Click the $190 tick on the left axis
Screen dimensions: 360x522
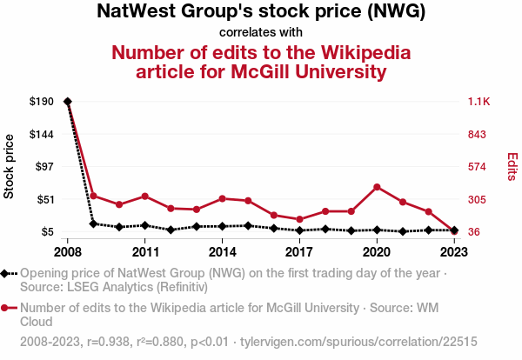coord(42,102)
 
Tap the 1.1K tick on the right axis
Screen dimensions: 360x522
coord(480,102)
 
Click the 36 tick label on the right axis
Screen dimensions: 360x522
coord(476,232)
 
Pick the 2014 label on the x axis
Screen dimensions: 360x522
coord(222,252)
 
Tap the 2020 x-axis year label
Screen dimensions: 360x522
coord(376,252)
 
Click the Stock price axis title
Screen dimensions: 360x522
coord(10,167)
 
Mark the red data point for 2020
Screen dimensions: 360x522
coord(376,187)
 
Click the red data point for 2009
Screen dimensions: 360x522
coord(93,196)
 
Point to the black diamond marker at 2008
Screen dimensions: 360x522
coord(68,102)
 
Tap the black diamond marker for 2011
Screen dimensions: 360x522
coord(144,225)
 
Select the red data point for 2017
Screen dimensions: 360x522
coord(299,219)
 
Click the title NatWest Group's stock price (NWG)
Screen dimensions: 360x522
coord(261,12)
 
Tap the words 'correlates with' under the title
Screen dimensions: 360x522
coord(261,32)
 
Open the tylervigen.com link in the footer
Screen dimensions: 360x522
coord(358,342)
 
